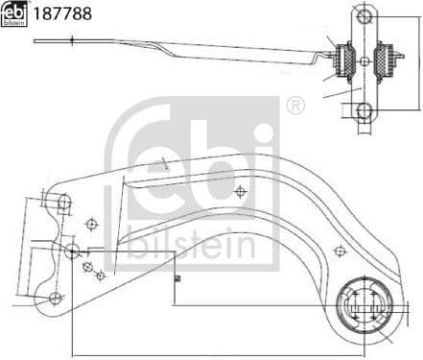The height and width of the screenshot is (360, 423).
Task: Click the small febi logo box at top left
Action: [14, 13]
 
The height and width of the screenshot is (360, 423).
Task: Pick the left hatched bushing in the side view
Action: [341, 60]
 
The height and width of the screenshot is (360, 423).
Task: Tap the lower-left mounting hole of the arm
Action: [55, 298]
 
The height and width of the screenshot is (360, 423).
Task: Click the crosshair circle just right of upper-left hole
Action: [91, 224]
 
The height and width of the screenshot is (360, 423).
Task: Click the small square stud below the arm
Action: [178, 280]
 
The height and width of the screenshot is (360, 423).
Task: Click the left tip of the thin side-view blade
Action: [36, 40]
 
